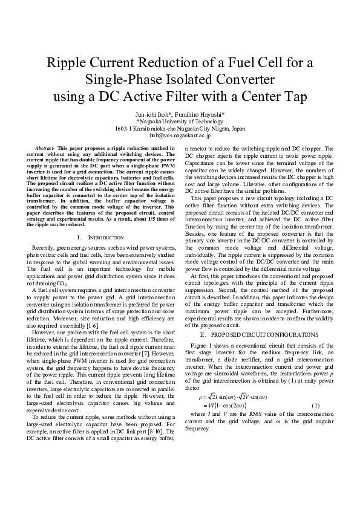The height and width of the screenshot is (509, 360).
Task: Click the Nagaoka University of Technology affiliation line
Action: point(180,121)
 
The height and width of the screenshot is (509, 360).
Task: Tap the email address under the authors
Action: point(180,136)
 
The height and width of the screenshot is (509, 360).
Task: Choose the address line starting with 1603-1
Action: point(180,129)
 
